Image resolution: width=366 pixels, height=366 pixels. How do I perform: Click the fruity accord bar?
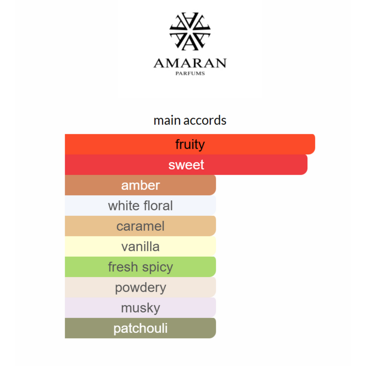point(190,144)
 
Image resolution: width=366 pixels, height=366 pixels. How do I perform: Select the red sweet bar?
point(186,164)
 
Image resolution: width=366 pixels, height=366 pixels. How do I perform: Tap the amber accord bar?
point(140,185)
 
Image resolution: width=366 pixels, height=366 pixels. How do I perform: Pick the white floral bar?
point(140,206)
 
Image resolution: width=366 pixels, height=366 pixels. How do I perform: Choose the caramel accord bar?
point(140,226)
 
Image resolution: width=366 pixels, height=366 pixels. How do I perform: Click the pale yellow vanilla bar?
point(140,246)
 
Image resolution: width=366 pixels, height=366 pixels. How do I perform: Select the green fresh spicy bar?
point(140,267)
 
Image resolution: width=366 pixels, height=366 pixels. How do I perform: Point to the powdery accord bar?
point(140,287)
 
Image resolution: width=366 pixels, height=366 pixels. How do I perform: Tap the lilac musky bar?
point(140,308)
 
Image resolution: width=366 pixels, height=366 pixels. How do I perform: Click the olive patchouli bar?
point(140,328)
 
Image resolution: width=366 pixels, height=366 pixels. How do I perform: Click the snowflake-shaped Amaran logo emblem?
point(190,31)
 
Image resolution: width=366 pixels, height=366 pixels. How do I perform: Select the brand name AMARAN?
point(190,63)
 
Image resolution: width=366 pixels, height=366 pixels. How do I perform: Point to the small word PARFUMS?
point(190,73)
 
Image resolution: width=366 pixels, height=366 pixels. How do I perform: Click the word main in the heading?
point(167,121)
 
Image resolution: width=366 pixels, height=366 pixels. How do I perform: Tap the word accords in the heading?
point(205,121)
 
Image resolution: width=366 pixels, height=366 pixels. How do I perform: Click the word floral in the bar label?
point(158,206)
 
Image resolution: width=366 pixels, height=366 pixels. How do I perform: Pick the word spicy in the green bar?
point(158,267)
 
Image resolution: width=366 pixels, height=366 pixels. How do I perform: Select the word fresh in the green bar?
point(123,267)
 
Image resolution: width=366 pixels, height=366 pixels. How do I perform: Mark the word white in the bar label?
point(124,206)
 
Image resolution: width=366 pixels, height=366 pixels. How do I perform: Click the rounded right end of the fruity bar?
point(313,144)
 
